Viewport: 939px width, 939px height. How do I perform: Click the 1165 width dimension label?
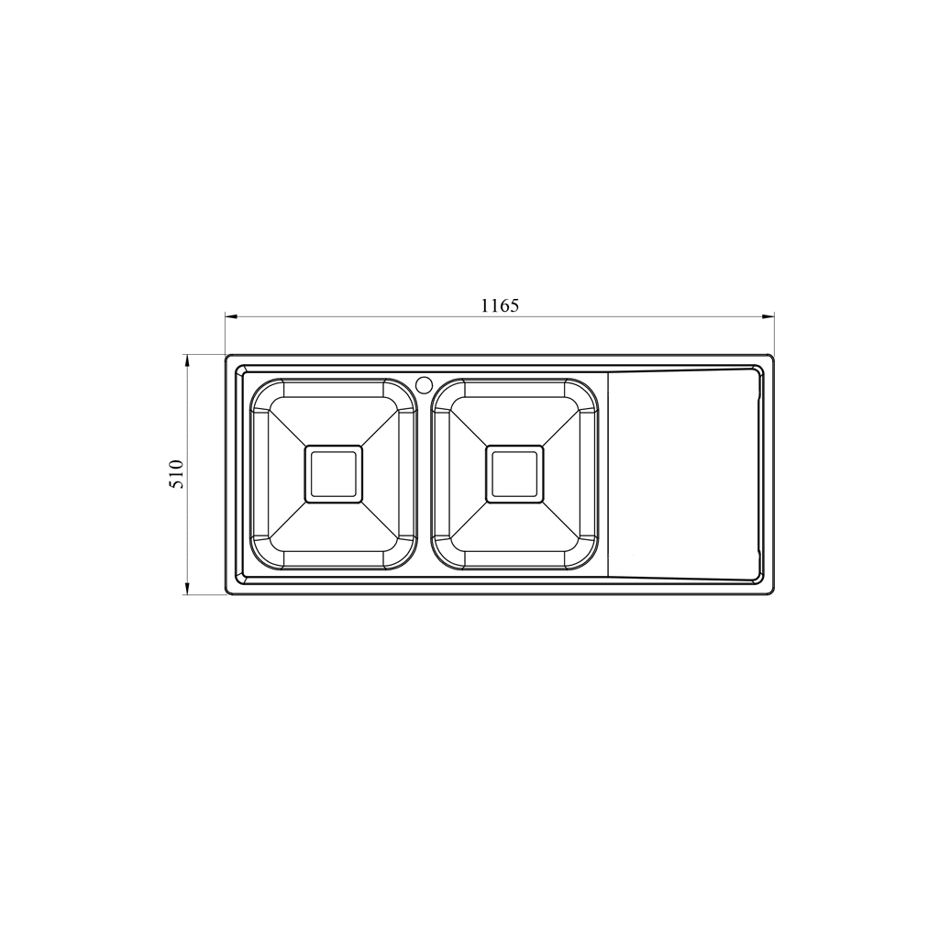pos(500,305)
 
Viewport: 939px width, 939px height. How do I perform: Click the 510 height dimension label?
pos(177,474)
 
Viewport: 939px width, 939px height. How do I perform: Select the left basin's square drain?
pos(334,474)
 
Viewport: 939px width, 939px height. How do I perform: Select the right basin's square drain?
pos(515,474)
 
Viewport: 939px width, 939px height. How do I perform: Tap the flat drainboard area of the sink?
pos(682,474)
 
